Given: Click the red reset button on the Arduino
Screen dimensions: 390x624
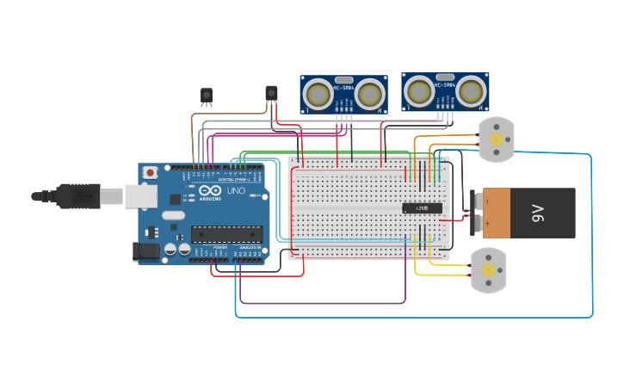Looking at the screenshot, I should (151, 172).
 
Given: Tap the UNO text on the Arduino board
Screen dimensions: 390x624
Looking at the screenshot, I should (236, 190).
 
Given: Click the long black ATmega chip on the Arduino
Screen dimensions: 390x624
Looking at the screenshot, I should (226, 233).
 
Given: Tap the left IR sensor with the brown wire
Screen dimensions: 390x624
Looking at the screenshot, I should (207, 95).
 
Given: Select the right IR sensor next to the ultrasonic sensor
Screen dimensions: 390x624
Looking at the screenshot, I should (271, 92).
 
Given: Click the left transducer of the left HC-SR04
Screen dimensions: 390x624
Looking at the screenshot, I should (318, 94).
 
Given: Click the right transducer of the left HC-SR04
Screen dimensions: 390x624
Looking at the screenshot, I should (370, 94).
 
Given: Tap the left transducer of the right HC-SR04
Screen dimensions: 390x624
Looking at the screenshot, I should (419, 90).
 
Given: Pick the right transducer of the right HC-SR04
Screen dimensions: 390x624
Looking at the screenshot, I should (471, 90).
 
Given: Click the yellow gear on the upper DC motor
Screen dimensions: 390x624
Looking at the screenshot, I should (496, 139).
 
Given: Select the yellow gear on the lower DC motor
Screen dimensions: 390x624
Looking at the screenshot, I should (488, 270).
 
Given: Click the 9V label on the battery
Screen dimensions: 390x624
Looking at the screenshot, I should (539, 213).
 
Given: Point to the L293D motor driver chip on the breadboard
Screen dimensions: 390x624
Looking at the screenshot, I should (422, 207).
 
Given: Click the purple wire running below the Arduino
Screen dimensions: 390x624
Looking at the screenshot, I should (323, 303).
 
